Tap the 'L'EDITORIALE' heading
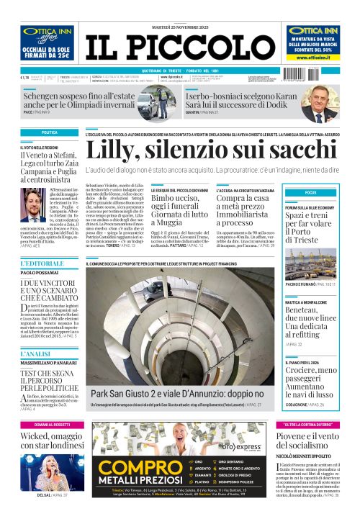(x=38, y=263)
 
